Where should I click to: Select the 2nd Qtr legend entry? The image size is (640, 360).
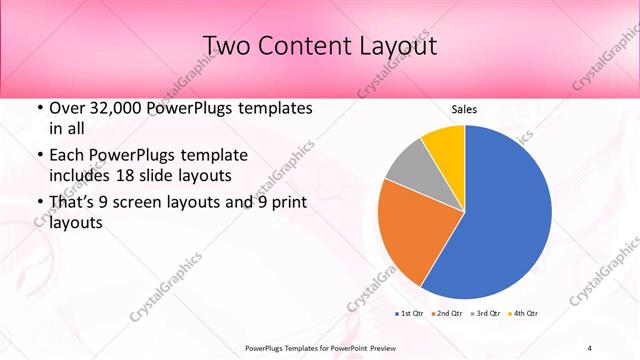[x=446, y=314]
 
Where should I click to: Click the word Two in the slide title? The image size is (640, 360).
[x=226, y=46]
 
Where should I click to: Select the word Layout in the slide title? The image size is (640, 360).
[x=393, y=46]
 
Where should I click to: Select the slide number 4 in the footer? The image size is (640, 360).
[x=590, y=347]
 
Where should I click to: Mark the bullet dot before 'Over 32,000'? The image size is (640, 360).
[x=39, y=109]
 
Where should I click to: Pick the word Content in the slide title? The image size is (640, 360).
[x=297, y=46]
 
